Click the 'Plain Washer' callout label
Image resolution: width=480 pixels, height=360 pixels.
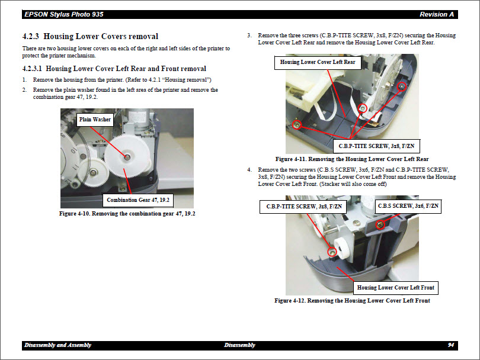tap(95, 120)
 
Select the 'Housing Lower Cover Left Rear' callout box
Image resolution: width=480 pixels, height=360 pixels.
tap(318, 62)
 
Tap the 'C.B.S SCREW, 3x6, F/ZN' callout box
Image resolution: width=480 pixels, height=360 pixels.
tap(408, 206)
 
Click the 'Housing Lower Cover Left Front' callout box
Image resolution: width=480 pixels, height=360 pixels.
tap(395, 288)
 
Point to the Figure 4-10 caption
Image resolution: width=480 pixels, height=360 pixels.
tap(127, 214)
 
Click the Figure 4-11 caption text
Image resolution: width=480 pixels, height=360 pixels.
tap(352, 159)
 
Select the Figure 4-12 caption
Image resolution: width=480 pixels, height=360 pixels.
tap(352, 301)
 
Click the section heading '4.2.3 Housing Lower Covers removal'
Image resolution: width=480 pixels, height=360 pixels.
tap(90, 37)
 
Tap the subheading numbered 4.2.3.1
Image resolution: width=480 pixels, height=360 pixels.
tap(114, 69)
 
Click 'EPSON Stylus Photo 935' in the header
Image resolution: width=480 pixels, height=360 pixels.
tap(60, 14)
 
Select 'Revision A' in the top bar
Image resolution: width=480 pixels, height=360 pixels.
tap(437, 14)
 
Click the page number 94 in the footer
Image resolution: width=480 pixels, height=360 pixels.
tap(451, 345)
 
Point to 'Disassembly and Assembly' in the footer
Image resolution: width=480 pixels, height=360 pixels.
tap(57, 345)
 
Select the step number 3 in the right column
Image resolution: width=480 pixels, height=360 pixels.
tap(249, 36)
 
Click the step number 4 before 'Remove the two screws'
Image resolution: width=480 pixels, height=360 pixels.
tap(249, 170)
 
